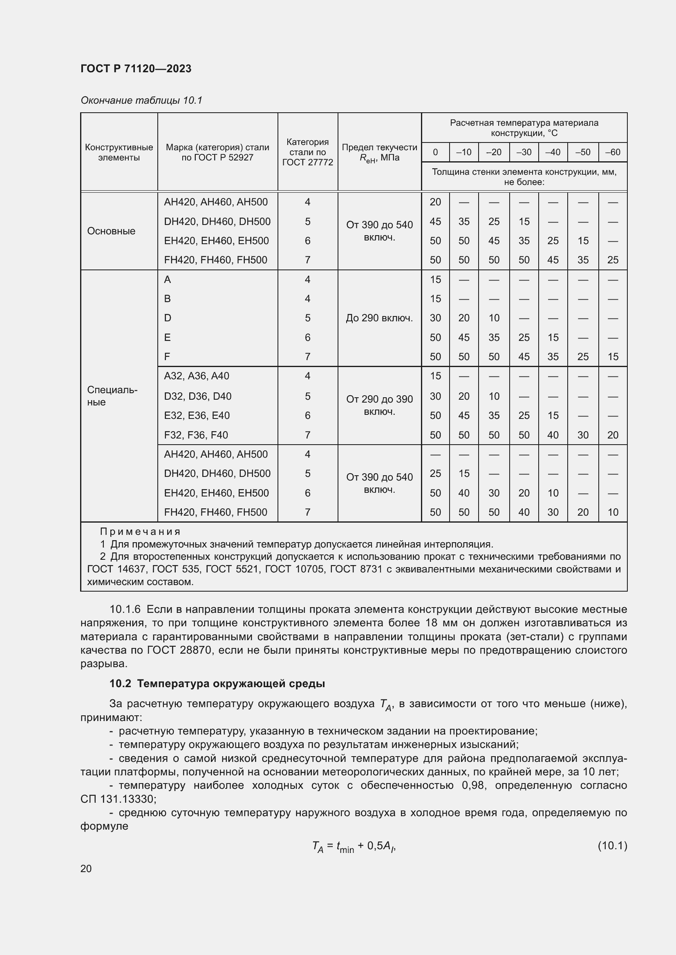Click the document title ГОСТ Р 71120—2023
136,69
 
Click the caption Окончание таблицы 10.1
141,100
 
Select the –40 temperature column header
553,152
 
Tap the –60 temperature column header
612,152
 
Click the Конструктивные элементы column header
119,152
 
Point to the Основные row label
111,231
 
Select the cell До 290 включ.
379,318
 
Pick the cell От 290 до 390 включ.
379,405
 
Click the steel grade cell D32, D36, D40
197,396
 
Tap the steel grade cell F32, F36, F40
196,435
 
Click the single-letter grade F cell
167,357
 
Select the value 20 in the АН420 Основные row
435,202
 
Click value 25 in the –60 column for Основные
612,260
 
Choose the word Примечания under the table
140,532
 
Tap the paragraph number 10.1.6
125,609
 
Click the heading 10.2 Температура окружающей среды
217,684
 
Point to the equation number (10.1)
612,846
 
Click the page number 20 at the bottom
86,869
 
